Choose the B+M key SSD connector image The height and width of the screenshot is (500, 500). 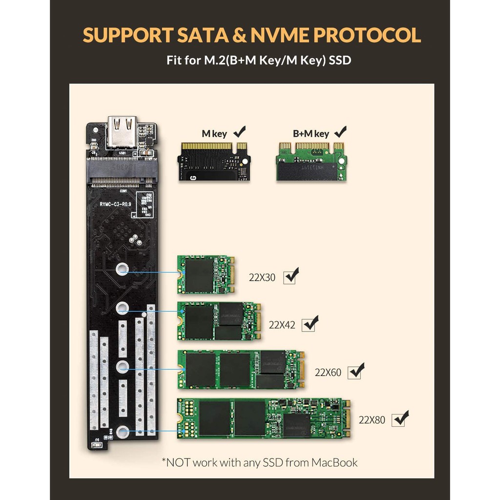tap(312, 161)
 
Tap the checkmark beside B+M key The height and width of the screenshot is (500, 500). tap(340, 132)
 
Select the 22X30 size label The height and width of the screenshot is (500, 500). tap(262, 278)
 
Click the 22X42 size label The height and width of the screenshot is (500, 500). tap(282, 325)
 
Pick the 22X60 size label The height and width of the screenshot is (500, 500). tap(328, 373)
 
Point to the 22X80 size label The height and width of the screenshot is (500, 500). tap(372, 420)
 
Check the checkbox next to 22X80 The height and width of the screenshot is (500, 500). tap(401, 419)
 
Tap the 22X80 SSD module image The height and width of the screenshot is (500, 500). tap(263, 418)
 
